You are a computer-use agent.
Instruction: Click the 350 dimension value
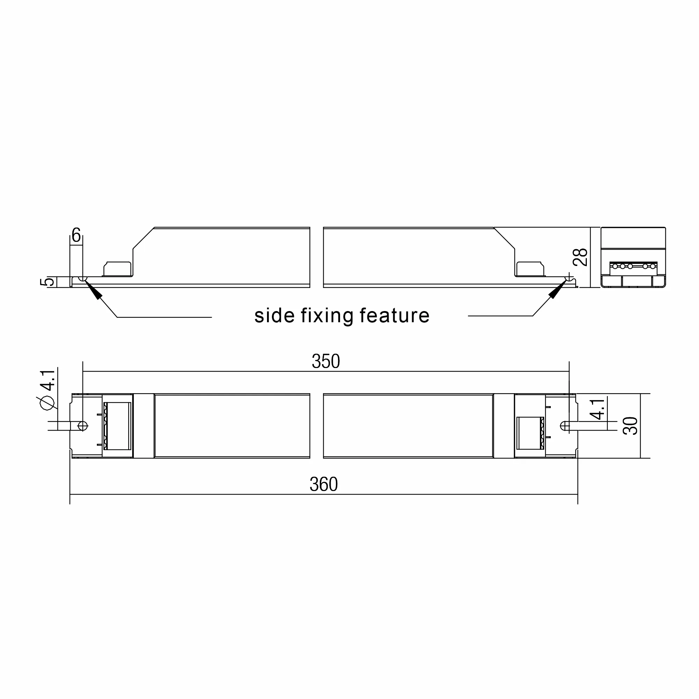pyautogui.click(x=326, y=361)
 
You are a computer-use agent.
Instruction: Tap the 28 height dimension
pyautogui.click(x=581, y=257)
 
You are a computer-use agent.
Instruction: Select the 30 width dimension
pyautogui.click(x=630, y=426)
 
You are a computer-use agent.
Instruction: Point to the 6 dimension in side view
pyautogui.click(x=76, y=236)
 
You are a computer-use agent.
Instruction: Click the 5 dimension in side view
pyautogui.click(x=48, y=281)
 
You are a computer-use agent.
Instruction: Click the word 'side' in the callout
pyautogui.click(x=274, y=316)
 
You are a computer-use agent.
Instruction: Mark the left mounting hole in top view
pyautogui.click(x=82, y=425)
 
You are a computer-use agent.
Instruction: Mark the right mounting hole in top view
pyautogui.click(x=565, y=426)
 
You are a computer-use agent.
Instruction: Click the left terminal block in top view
pyautogui.click(x=117, y=426)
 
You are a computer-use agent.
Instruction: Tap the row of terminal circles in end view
pyautogui.click(x=634, y=266)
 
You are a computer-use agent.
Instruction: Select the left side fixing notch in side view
pyautogui.click(x=83, y=279)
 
